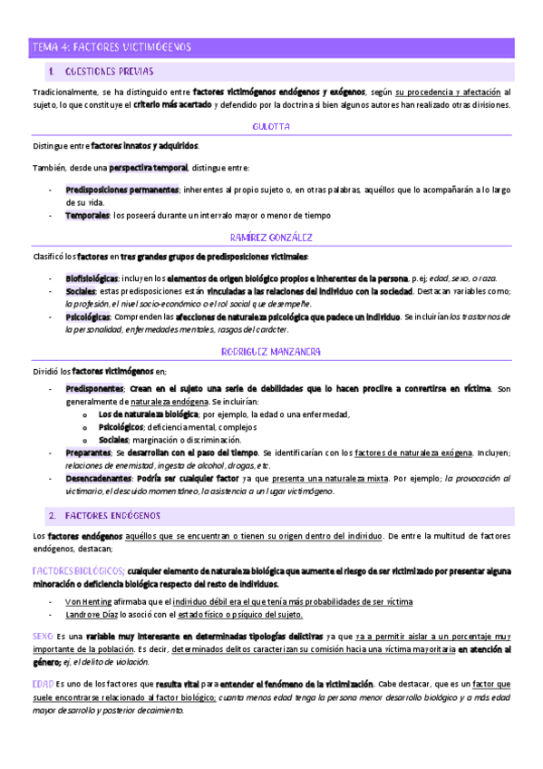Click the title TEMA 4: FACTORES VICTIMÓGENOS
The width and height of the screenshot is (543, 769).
pyautogui.click(x=108, y=46)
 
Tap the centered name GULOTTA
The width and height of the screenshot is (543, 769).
pyautogui.click(x=271, y=127)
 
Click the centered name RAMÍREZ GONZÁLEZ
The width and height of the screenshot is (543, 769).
pyautogui.click(x=271, y=238)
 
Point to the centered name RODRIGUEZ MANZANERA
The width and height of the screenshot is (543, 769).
pyautogui.click(x=271, y=351)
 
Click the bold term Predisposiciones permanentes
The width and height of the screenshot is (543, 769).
pyautogui.click(x=121, y=190)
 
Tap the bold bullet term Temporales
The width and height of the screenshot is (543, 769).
pyautogui.click(x=87, y=215)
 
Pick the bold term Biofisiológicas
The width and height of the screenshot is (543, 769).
pyautogui.click(x=92, y=277)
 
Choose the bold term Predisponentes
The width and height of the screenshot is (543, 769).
pyautogui.click(x=93, y=388)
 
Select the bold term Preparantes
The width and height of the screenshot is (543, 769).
pyautogui.click(x=88, y=452)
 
